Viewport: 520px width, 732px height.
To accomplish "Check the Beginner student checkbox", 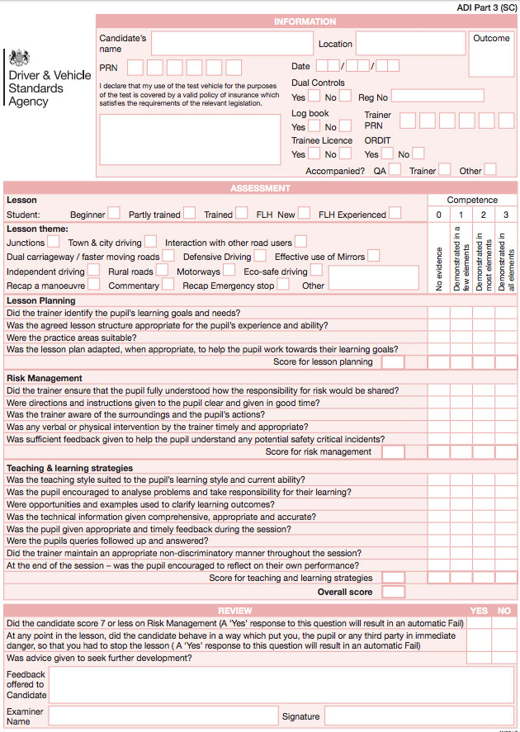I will coord(114,214).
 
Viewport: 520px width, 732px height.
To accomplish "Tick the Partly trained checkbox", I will coord(189,214).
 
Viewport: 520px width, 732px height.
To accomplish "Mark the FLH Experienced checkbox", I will coord(395,214).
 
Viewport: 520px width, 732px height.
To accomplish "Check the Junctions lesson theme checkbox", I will coord(54,242).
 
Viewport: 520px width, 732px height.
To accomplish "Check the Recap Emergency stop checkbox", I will coord(283,285).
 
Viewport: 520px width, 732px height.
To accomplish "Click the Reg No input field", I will coord(437,96).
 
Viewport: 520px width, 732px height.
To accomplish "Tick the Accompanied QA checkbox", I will coord(395,170).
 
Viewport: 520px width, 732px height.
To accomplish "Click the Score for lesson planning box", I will coord(394,362).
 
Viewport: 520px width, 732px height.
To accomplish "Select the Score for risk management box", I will coord(394,452).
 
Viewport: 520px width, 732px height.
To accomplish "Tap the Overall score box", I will coord(394,593).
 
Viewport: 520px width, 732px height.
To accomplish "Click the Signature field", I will coord(418,715).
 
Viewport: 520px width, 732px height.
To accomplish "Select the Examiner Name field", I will coord(163,715).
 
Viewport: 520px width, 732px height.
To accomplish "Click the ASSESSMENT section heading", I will coord(260,188).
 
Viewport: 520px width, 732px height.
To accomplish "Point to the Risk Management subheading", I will coord(45,378).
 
